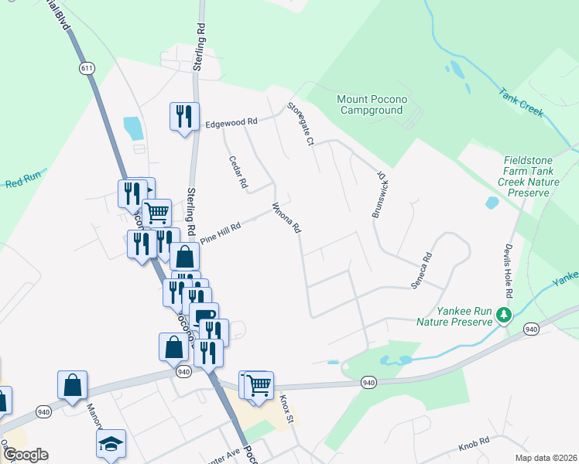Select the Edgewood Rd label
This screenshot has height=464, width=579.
(x=231, y=123)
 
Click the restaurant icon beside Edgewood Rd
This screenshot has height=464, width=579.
(x=184, y=117)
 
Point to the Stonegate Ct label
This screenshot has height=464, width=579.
(x=300, y=124)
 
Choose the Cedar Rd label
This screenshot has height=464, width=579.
(x=237, y=173)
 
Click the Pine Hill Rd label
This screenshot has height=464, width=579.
(x=221, y=233)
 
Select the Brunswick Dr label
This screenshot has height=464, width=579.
(x=379, y=195)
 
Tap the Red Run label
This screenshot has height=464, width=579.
(x=22, y=183)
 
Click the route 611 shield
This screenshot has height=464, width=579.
(x=86, y=69)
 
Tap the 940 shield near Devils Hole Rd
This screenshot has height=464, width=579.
(x=531, y=329)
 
